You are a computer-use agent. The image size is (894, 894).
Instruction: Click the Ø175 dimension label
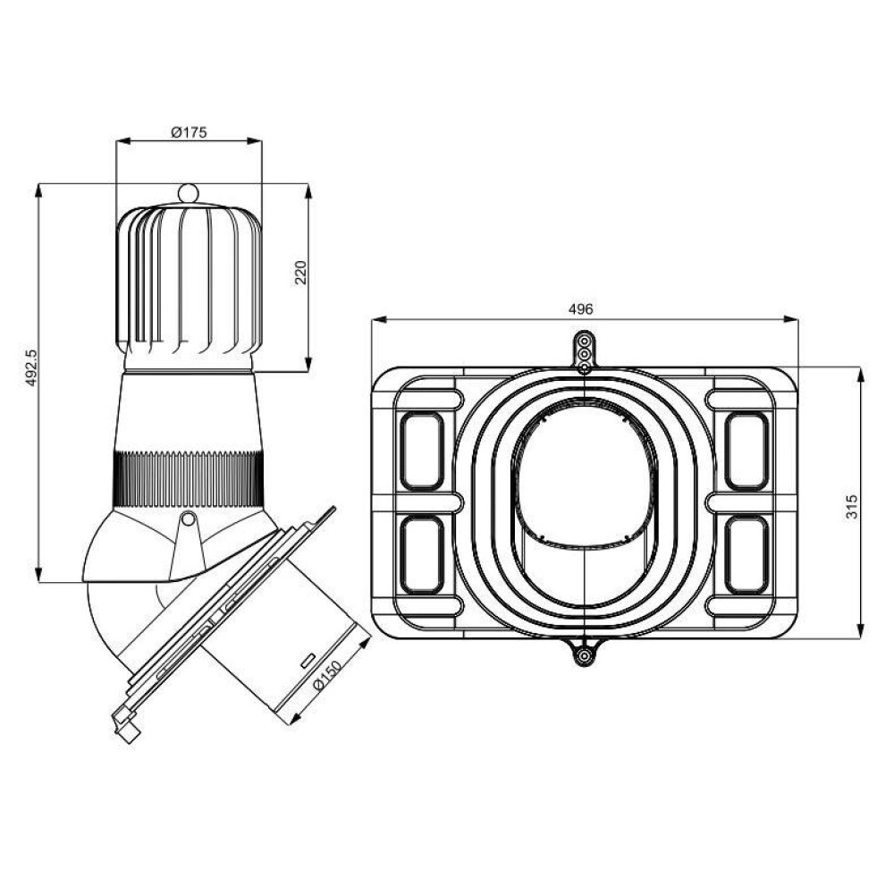(189, 132)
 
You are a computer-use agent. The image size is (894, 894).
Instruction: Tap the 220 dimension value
(300, 273)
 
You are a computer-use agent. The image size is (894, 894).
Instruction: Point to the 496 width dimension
(581, 309)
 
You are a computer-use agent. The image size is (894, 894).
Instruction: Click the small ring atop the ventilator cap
(188, 192)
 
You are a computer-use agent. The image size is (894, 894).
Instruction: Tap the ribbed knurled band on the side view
(188, 481)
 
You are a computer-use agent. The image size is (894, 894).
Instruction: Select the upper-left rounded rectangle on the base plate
(422, 451)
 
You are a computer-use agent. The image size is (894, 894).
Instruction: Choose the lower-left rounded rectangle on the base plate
(422, 555)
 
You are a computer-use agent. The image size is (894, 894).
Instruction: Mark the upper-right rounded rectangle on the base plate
(746, 451)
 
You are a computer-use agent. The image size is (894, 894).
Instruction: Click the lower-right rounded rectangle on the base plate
(746, 555)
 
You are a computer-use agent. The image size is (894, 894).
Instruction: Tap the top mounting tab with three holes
(584, 351)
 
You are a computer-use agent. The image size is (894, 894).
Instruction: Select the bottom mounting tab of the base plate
(584, 654)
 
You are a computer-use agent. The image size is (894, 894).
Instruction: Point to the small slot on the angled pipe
(306, 661)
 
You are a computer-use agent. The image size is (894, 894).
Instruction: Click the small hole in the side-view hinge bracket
(188, 519)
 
